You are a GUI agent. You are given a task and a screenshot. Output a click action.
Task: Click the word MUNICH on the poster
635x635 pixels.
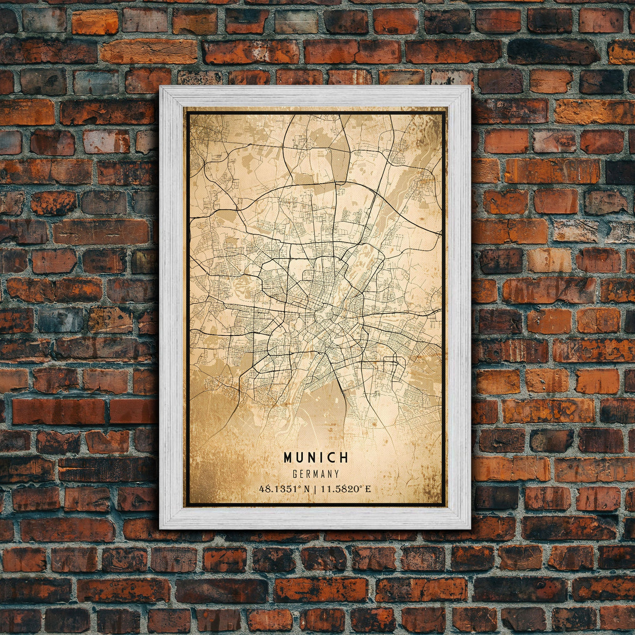(316, 458)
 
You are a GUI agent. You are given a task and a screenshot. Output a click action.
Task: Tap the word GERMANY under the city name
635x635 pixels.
(316, 474)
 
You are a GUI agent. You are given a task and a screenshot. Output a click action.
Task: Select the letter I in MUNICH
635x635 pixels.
(322, 458)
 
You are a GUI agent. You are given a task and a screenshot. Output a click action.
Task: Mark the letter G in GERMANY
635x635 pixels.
(296, 474)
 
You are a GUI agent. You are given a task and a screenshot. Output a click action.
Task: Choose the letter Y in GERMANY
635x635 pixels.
(337, 474)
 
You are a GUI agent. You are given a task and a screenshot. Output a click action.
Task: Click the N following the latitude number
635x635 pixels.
(307, 489)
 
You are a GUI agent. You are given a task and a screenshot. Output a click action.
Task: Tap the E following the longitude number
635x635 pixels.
(368, 489)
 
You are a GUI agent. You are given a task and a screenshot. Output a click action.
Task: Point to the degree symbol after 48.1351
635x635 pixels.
(301, 487)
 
